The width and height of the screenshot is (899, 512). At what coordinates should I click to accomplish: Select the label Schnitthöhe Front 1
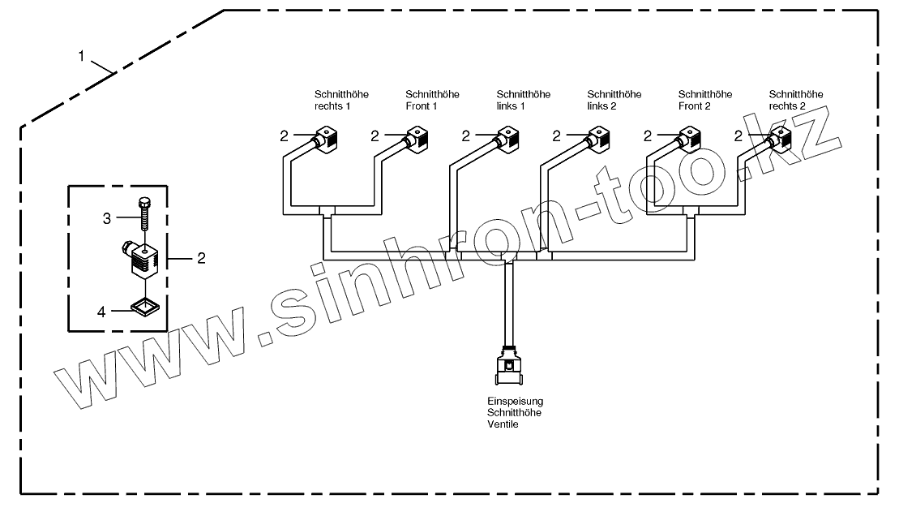(432, 100)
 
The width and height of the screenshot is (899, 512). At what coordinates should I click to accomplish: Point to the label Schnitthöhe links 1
(523, 100)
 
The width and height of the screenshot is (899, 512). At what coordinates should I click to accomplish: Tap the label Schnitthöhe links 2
(614, 100)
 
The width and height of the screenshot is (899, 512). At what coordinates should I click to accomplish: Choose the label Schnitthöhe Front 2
(704, 100)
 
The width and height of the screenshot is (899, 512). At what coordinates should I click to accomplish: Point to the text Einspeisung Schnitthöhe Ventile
(515, 412)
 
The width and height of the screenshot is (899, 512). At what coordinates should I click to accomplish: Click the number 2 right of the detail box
(201, 258)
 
